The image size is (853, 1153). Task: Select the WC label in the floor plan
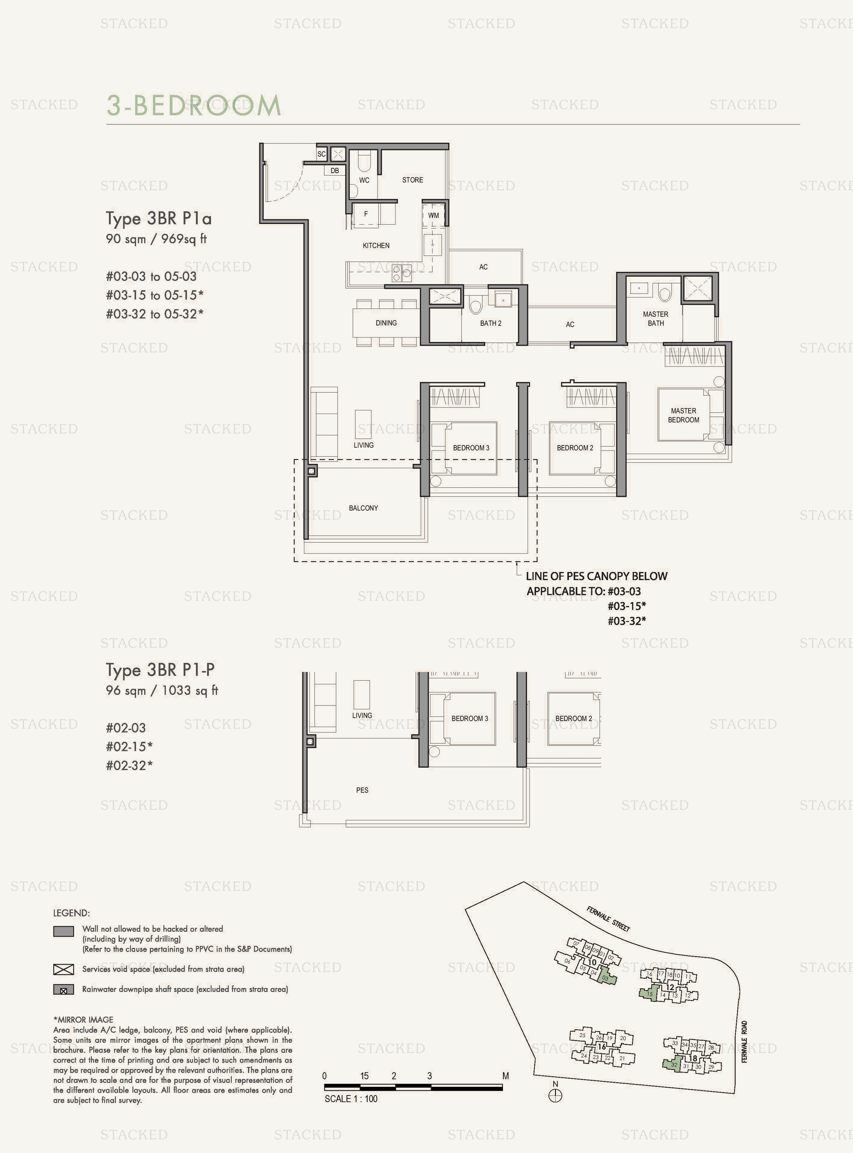(x=364, y=180)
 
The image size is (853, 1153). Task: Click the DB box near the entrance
(x=335, y=170)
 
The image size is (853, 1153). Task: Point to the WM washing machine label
(x=433, y=215)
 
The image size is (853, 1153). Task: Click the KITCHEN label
(x=376, y=245)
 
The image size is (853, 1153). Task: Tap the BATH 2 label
(x=491, y=323)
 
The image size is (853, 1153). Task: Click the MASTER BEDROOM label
(x=683, y=415)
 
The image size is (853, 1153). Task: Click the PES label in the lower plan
(x=362, y=790)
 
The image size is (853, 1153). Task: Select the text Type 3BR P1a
(x=159, y=219)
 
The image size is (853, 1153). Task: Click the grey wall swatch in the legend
(x=64, y=931)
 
